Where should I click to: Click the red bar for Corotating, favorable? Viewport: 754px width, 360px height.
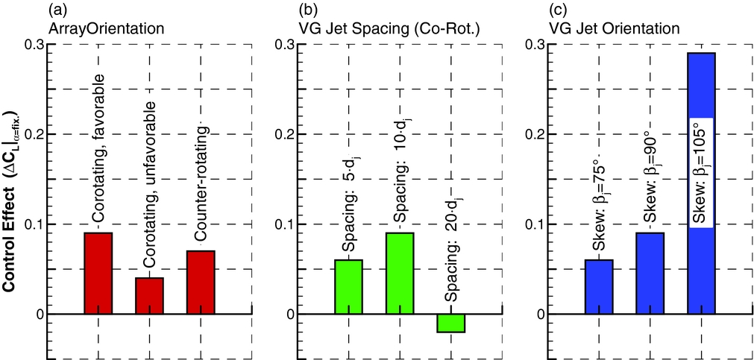pyautogui.click(x=98, y=274)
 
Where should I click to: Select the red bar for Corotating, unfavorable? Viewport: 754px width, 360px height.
pyautogui.click(x=149, y=296)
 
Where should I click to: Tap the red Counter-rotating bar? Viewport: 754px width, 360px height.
pyautogui.click(x=201, y=282)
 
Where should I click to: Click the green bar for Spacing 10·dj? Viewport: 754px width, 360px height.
pyautogui.click(x=400, y=274)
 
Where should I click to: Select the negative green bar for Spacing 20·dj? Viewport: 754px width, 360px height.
pyautogui.click(x=451, y=323)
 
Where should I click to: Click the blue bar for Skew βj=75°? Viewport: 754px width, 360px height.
pyautogui.click(x=599, y=287)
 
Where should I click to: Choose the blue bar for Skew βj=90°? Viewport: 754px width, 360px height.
pyautogui.click(x=650, y=274)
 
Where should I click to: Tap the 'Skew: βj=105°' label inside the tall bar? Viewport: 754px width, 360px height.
pyautogui.click(x=701, y=171)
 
